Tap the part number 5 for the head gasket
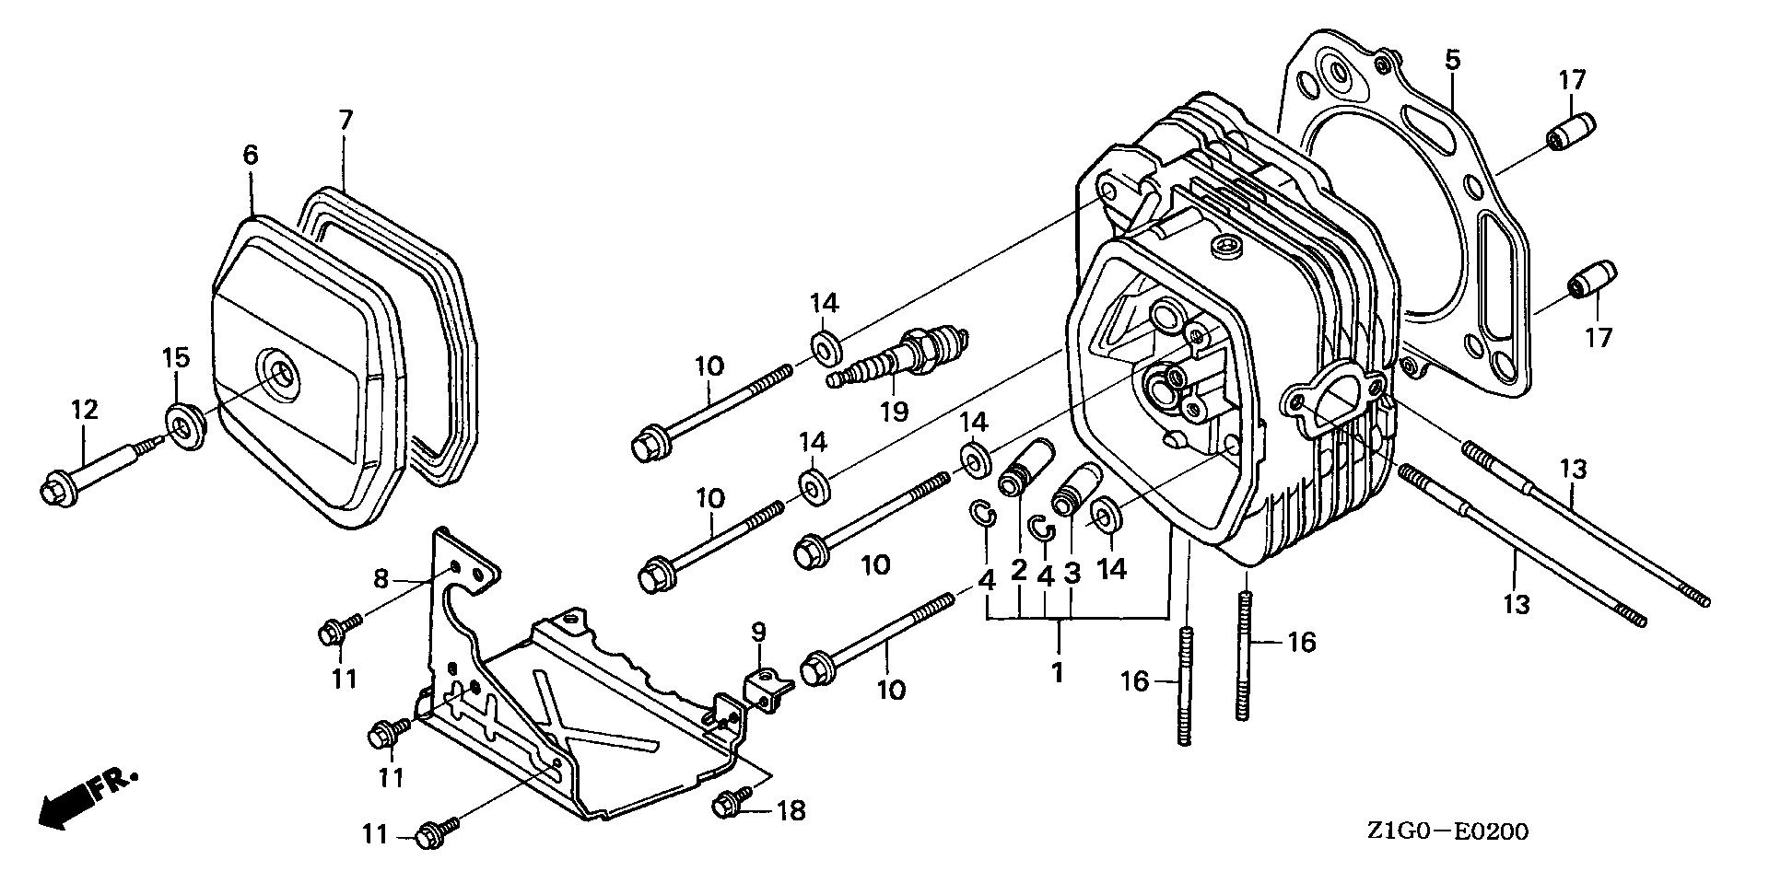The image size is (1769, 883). [1452, 62]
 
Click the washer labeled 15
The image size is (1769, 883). [187, 426]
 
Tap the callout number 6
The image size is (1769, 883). [251, 156]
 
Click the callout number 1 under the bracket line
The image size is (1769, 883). [1058, 672]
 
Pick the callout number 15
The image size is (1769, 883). [176, 357]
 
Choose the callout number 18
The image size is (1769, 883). [791, 810]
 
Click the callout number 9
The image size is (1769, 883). [757, 631]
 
